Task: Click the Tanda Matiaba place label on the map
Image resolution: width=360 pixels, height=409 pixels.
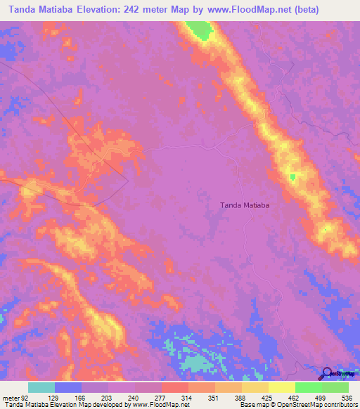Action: [246, 205]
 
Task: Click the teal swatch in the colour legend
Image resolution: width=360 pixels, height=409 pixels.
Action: [41, 387]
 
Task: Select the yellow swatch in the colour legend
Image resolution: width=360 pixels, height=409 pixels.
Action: [281, 387]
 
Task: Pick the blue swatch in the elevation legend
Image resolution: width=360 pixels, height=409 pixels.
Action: [68, 387]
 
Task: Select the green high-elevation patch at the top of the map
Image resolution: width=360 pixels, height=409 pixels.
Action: [202, 30]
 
